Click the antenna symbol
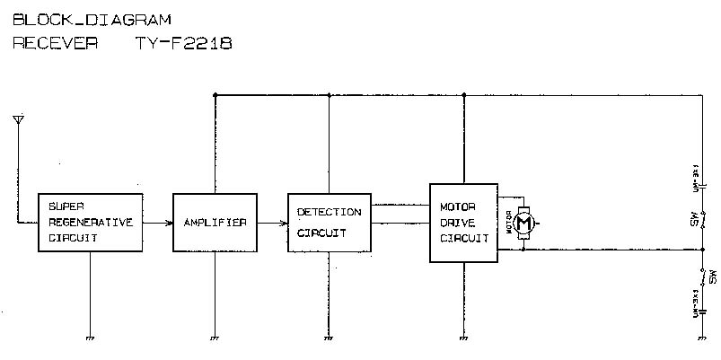18,119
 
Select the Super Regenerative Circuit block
91,222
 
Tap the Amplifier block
215,222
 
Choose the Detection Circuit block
329,222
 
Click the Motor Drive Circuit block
463,222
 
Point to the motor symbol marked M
526,222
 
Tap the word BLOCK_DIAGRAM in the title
92,19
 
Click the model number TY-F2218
184,42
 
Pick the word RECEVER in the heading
55,42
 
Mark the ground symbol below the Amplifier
215,338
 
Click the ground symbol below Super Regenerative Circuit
91,338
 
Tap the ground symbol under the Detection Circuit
329,338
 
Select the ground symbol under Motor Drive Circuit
463,338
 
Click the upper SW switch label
693,219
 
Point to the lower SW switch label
712,277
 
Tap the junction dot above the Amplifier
215,94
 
